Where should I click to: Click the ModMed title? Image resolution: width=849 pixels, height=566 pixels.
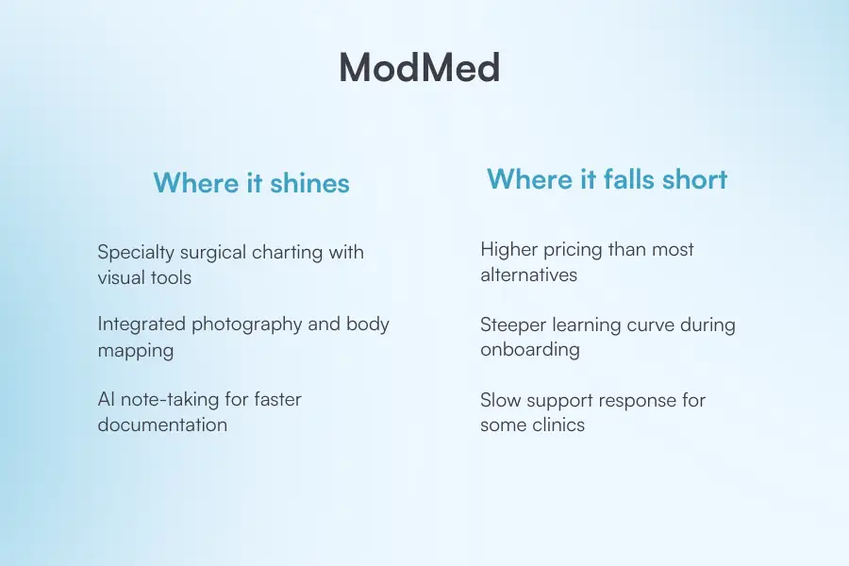419,68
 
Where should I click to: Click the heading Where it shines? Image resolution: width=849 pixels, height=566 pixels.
251,183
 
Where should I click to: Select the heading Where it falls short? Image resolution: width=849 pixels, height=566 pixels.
607,179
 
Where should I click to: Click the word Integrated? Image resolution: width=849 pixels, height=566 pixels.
141,324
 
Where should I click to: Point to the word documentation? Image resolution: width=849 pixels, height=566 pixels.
162,424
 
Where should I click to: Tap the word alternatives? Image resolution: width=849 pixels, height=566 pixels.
528,275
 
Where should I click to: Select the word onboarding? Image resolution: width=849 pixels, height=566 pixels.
529,350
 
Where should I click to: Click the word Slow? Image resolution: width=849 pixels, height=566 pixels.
501,400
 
